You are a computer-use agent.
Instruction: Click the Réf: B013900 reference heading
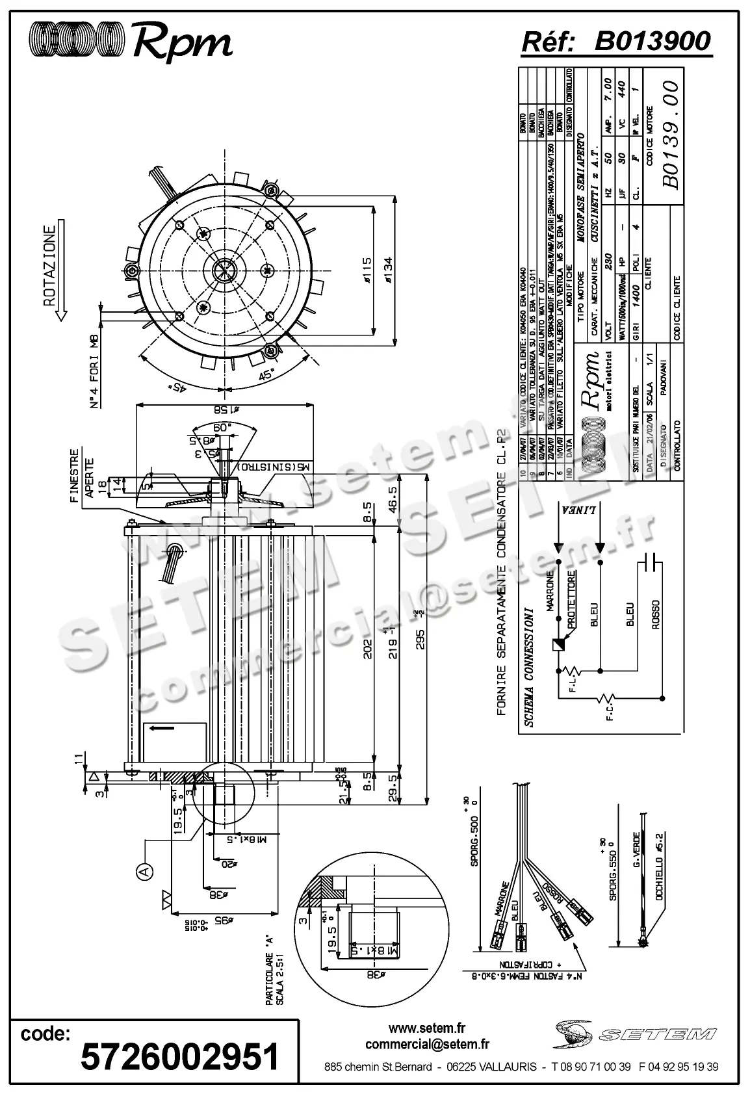(615, 42)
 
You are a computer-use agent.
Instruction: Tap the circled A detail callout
(144, 870)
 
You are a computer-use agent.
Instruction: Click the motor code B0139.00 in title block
(671, 134)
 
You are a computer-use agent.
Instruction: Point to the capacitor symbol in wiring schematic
(650, 564)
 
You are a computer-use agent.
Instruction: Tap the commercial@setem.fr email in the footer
(427, 1045)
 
